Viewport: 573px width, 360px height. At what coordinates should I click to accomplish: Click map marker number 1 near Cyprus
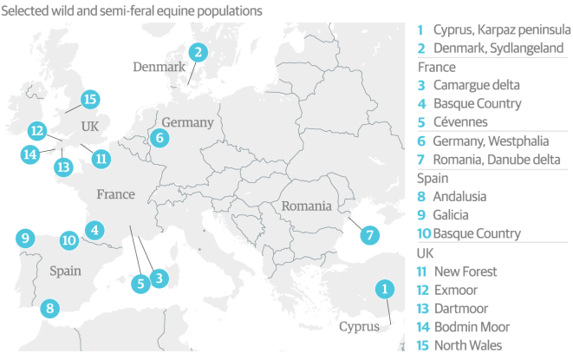(382, 290)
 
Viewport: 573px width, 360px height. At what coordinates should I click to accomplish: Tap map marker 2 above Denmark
(199, 52)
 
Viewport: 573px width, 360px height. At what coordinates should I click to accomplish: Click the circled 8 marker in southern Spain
(49, 307)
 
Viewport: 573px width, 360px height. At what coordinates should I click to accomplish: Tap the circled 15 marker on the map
(89, 99)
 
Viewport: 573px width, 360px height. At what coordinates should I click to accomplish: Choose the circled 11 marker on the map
(101, 158)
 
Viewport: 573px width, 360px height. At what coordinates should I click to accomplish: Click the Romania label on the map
(305, 206)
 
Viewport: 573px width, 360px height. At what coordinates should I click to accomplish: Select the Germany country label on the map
(186, 122)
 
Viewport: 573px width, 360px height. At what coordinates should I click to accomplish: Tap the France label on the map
(115, 194)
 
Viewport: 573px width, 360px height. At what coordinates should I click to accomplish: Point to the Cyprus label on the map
(359, 327)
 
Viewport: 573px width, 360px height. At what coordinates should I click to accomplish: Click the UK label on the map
(90, 127)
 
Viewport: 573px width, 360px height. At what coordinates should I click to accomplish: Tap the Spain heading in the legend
(433, 178)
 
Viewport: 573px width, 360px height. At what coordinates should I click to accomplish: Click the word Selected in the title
(28, 11)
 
